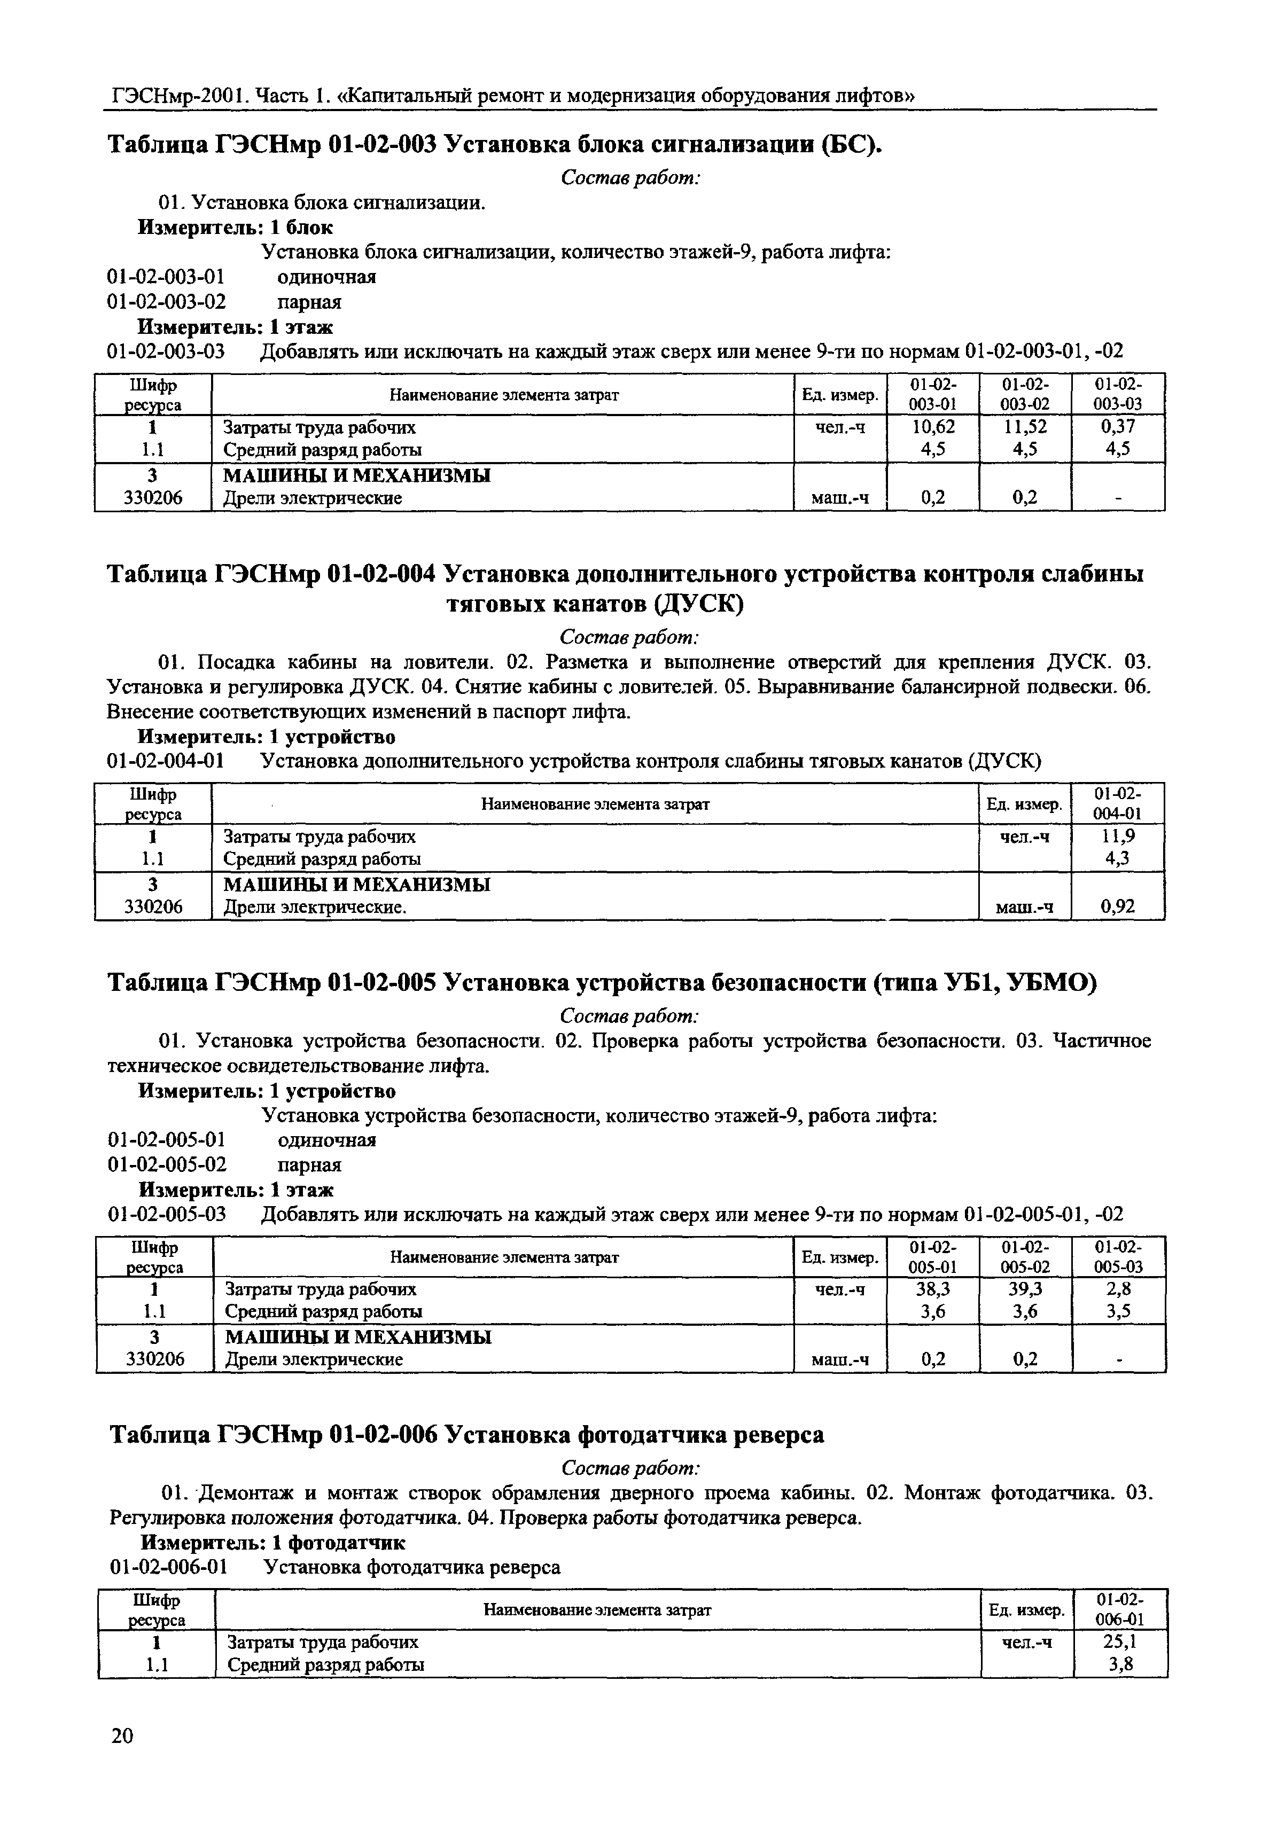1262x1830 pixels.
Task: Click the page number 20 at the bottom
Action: tap(122, 1735)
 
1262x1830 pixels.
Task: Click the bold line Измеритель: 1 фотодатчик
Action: tap(273, 1542)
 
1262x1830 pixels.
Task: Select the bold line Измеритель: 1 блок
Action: tap(235, 228)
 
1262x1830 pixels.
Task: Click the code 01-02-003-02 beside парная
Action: tap(166, 302)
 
